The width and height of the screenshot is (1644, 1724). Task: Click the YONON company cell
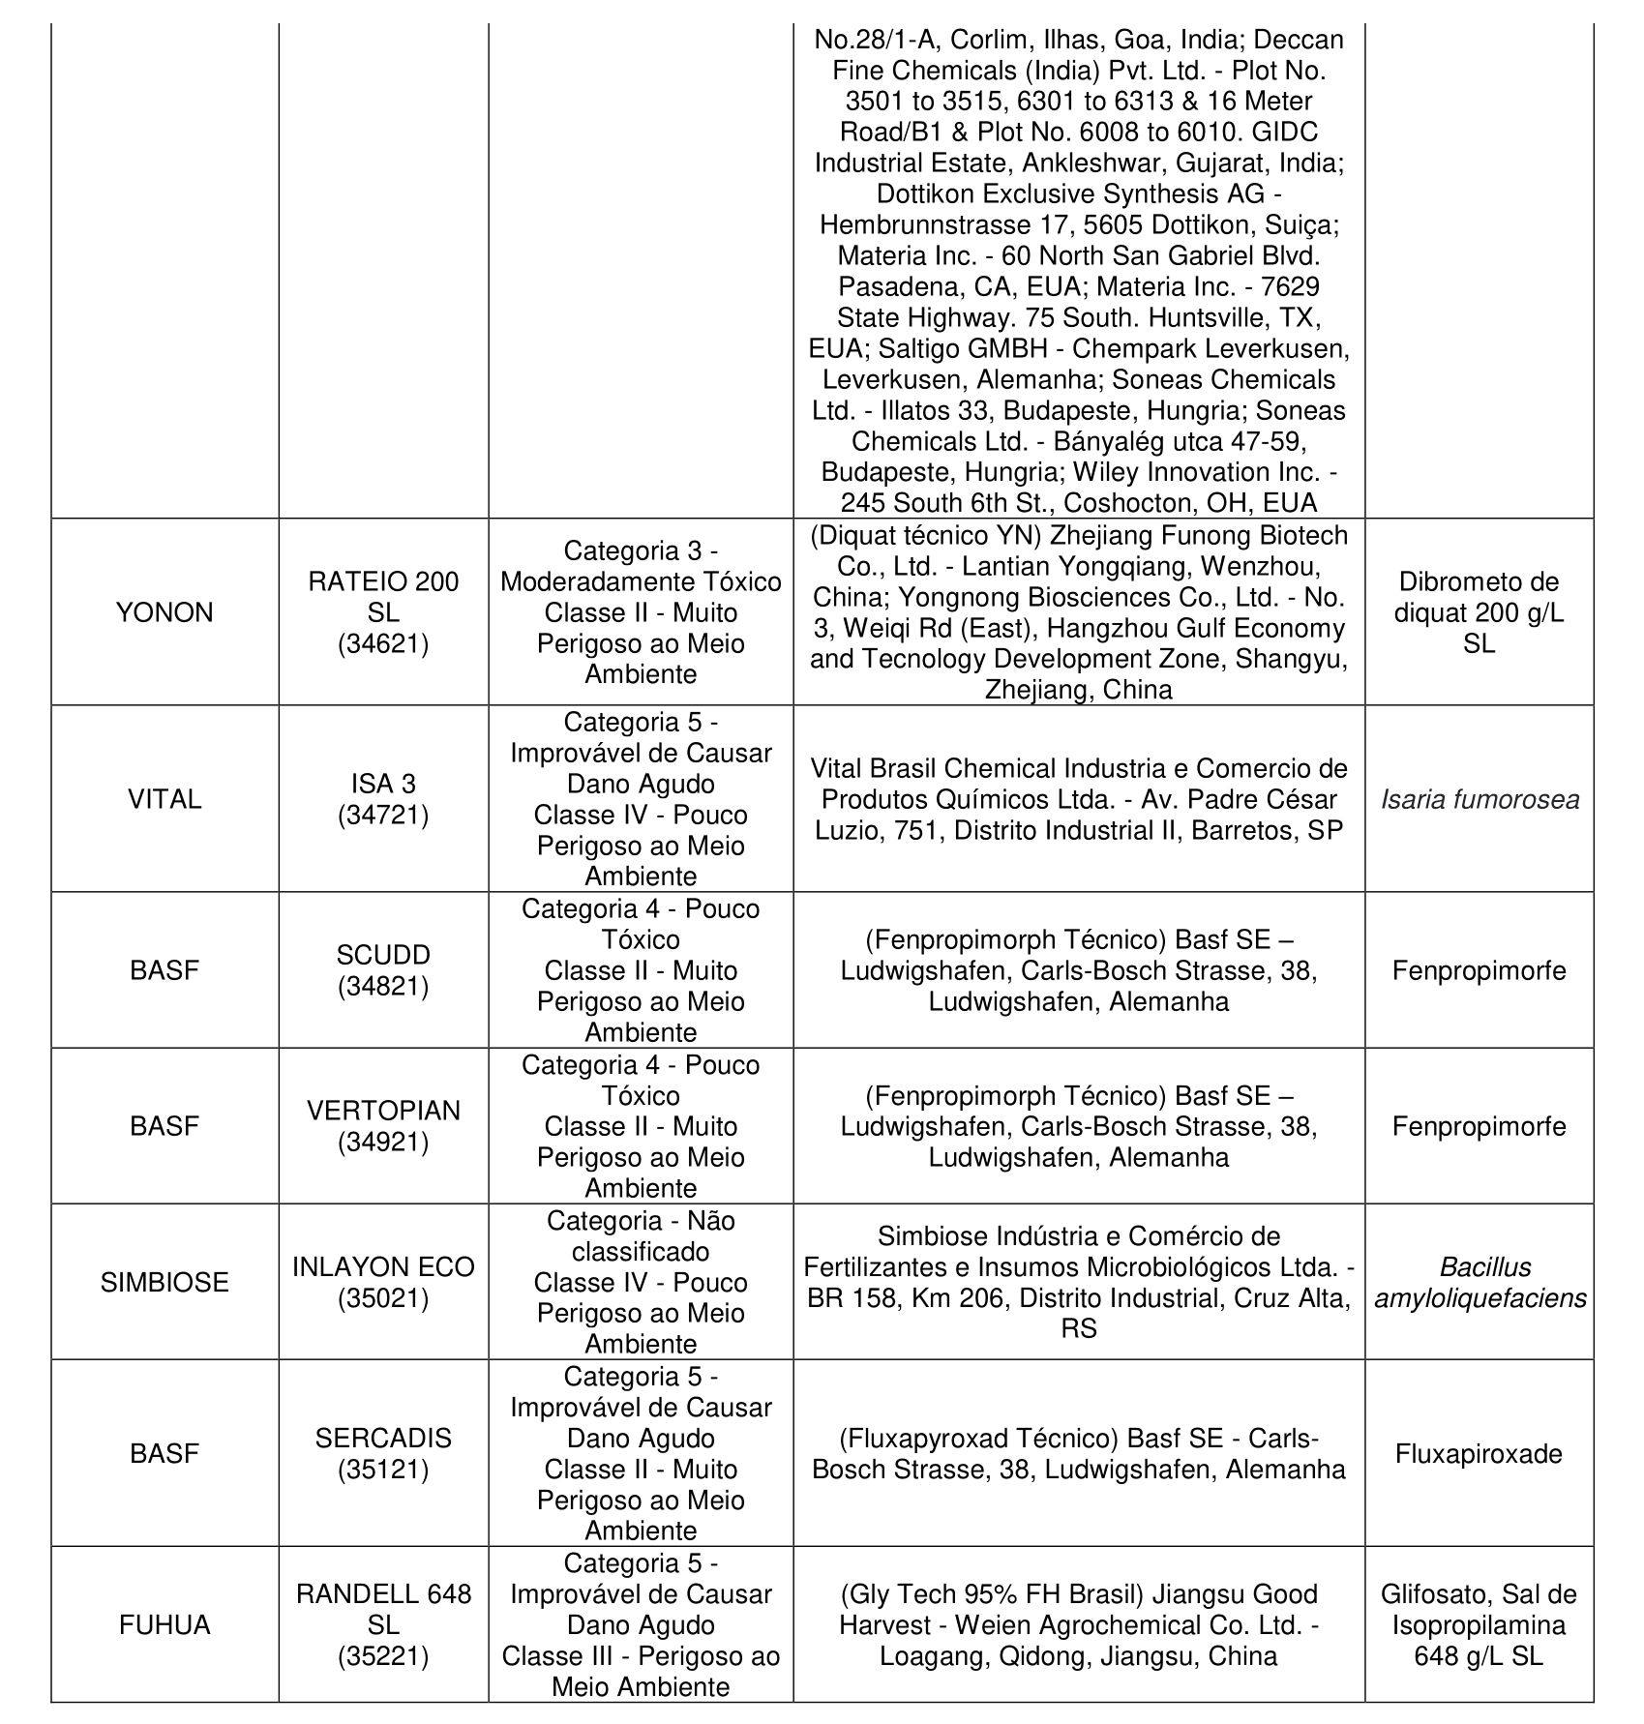[164, 612]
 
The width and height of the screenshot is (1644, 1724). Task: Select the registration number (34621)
[383, 643]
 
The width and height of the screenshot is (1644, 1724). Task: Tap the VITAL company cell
[164, 799]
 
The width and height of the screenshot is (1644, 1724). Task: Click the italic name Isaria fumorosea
[1480, 799]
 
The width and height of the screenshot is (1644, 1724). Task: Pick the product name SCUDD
[383, 955]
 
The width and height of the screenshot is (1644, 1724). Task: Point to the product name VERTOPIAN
[383, 1111]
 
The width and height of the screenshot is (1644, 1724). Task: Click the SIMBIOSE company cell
[164, 1282]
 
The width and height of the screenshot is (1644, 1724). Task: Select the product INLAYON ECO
[383, 1266]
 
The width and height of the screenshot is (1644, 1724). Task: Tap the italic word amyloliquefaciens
[1480, 1297]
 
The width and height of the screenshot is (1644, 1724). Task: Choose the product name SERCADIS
[383, 1438]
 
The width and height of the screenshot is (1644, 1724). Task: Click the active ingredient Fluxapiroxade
[1479, 1453]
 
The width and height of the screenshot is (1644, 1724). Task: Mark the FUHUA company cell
[164, 1624]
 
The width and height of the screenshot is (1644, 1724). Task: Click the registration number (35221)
[383, 1655]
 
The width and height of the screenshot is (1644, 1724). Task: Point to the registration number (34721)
[383, 815]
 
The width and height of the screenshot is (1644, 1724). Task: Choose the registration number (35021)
[383, 1297]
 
